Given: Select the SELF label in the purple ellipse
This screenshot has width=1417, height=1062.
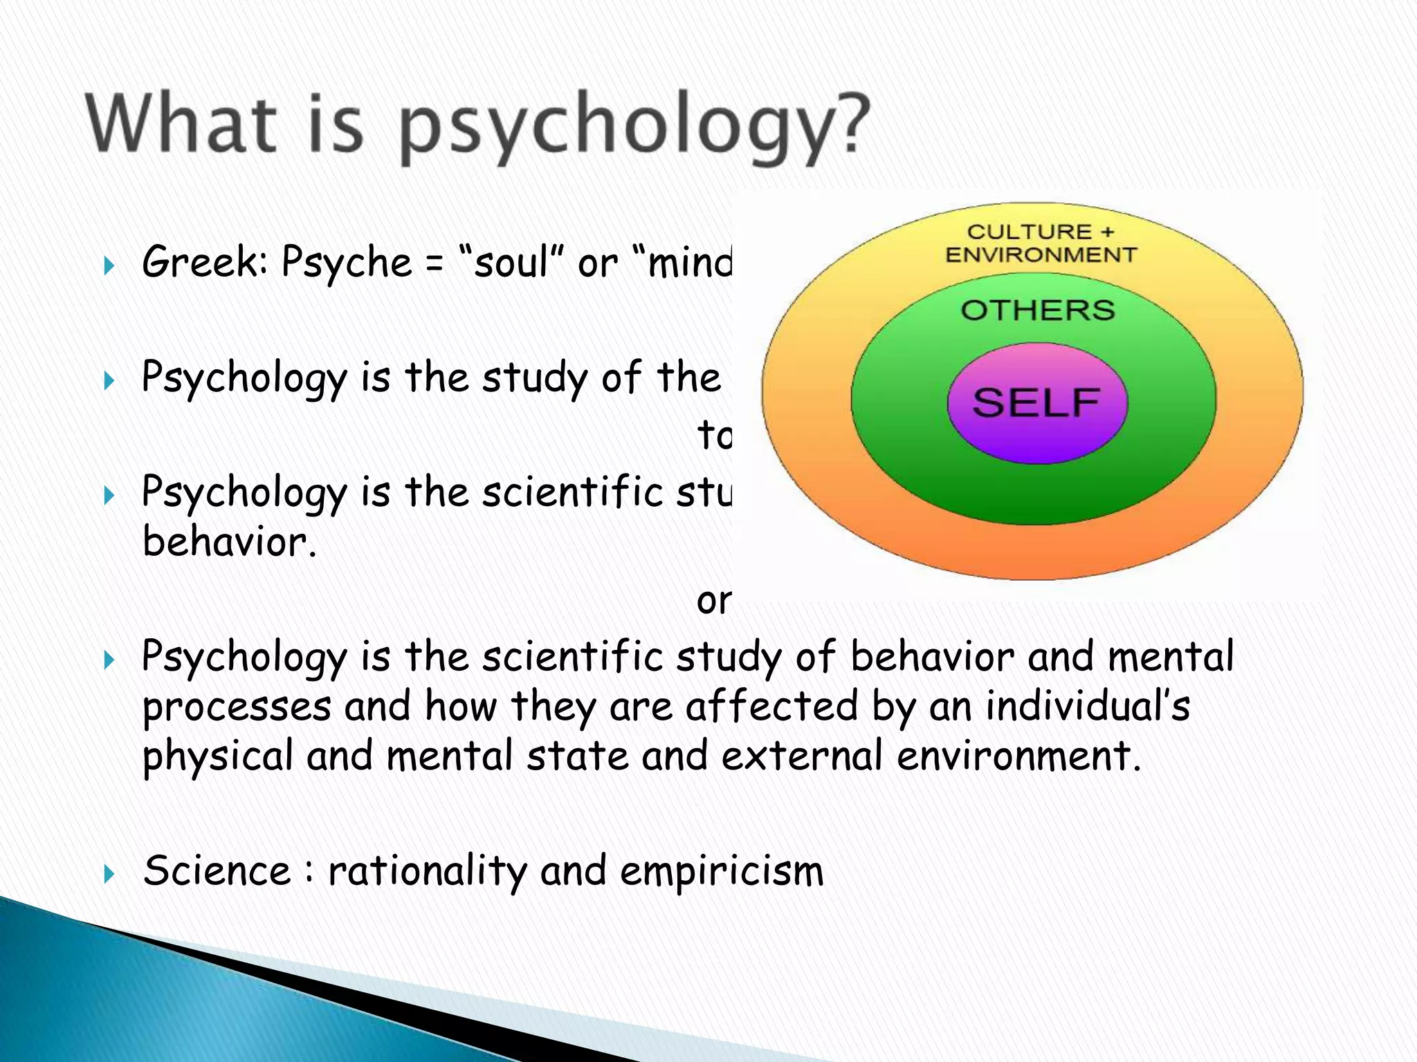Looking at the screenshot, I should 1036,402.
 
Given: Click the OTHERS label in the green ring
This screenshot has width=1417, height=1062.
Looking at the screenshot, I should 1037,310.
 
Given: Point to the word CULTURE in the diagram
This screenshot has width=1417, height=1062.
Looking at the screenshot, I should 1019,232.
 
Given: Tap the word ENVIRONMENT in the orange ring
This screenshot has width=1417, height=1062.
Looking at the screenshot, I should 1041,255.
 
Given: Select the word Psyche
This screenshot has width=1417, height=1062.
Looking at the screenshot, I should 347,264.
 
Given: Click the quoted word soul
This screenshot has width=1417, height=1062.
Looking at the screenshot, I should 511,263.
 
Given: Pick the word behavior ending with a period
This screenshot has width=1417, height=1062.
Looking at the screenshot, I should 229,541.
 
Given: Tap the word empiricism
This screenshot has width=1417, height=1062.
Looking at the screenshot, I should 722,871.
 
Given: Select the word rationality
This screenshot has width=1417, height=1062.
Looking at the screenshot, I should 427,871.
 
